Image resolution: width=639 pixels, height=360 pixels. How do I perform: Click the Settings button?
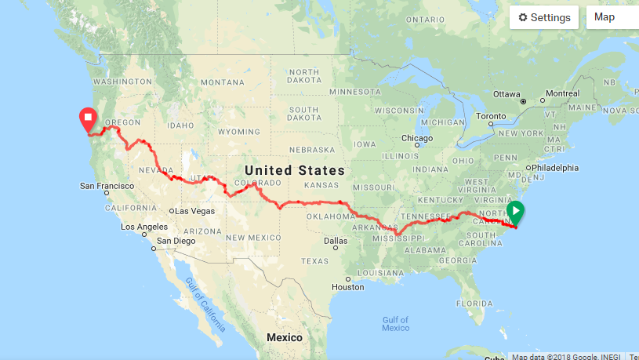544,17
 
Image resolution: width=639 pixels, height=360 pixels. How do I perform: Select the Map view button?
612,17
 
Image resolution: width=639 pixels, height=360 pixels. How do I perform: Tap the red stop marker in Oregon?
88,119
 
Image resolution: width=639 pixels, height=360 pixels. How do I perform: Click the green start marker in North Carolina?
515,211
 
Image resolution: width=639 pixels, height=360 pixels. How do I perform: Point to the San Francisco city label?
108,187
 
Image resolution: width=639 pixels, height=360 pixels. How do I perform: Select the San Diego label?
175,241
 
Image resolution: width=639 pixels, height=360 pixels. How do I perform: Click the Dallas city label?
335,240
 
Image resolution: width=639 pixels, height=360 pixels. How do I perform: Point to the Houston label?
347,287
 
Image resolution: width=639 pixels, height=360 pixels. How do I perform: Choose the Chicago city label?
417,138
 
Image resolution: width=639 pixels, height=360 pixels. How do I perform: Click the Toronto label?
492,116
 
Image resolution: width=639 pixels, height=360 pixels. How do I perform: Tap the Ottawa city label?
506,93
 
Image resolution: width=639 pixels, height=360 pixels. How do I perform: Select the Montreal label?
562,93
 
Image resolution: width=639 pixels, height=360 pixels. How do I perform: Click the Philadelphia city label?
556,167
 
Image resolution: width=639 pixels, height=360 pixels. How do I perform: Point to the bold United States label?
294,170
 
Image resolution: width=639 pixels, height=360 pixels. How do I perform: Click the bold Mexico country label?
284,337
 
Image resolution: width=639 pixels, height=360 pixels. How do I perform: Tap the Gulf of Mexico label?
396,323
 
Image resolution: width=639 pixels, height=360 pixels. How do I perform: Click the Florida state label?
476,302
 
